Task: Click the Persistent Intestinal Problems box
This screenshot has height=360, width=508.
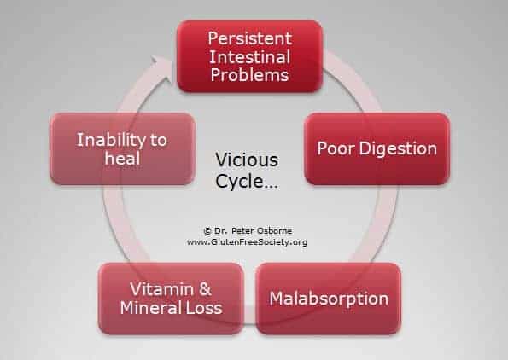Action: point(250,56)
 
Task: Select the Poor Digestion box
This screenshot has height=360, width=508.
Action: point(377,149)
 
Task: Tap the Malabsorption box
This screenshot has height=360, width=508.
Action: point(329,299)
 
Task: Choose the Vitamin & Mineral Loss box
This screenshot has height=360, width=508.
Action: point(171,299)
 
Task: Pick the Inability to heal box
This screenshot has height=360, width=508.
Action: point(122,149)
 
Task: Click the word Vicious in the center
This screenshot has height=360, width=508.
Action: point(247,160)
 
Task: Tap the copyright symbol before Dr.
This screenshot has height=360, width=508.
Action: point(207,231)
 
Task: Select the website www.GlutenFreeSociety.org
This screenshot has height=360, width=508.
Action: point(248,242)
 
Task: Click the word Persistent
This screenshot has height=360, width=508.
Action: point(250,38)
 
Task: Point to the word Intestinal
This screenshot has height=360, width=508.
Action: point(250,57)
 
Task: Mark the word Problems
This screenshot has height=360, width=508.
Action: point(249,75)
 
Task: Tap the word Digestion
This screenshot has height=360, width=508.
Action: point(398,149)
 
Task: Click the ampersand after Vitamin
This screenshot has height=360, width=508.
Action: point(205,289)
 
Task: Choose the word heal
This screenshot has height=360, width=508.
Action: point(122,159)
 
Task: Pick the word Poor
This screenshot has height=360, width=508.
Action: point(336,148)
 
